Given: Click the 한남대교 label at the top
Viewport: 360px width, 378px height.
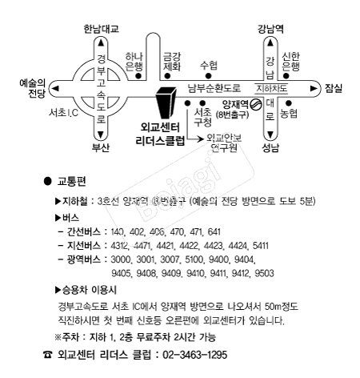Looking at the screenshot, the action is [101, 29].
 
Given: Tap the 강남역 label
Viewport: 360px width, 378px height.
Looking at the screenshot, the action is [270, 29].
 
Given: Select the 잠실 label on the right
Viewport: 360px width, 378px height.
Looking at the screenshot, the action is [334, 88].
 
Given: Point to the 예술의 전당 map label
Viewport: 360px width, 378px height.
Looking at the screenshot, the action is [33, 88].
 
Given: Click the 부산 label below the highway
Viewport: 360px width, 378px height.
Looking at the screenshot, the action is [101, 147].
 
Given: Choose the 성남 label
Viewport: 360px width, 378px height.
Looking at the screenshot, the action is [270, 147].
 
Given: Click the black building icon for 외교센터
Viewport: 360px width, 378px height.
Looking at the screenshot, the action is [166, 103].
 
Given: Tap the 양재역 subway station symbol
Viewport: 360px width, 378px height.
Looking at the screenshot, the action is [257, 104].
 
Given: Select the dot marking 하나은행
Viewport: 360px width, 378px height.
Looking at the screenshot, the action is [138, 76].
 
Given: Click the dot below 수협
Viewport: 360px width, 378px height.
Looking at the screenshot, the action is [208, 76].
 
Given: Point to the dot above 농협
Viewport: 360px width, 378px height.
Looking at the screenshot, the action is [289, 103].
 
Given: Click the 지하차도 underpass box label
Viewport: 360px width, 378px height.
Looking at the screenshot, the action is [271, 88].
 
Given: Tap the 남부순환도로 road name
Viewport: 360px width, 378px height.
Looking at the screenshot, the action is [214, 88].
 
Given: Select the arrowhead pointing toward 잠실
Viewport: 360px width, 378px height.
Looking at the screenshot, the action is [314, 88].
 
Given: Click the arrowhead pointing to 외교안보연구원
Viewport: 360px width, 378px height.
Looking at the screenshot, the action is [200, 139].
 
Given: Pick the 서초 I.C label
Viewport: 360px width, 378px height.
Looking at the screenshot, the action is [63, 113].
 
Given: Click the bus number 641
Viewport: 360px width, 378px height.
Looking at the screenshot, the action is [214, 231].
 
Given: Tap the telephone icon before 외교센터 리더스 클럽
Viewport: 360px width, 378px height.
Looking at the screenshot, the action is [48, 355].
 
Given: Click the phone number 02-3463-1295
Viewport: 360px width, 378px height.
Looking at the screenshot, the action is [195, 355].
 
